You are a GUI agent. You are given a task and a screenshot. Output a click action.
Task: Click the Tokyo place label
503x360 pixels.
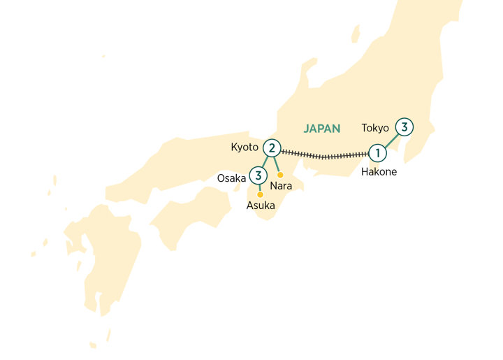pos(375,128)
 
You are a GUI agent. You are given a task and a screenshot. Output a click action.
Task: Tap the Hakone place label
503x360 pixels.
pos(379,171)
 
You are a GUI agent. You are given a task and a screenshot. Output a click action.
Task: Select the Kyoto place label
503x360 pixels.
pos(245,147)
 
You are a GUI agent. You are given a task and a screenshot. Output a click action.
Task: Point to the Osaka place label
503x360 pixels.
pos(231,178)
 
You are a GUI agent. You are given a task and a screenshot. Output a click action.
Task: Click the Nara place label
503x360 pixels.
pos(281,186)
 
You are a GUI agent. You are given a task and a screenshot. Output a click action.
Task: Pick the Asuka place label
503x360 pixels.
pos(261,206)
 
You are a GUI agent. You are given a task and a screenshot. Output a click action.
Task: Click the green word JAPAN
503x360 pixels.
pos(322,129)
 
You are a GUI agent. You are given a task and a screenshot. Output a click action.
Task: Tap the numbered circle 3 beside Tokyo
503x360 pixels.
pos(404,127)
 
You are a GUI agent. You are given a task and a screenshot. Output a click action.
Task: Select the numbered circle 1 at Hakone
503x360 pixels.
pos(377,152)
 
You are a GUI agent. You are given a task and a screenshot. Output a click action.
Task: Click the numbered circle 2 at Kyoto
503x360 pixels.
pos(272,147)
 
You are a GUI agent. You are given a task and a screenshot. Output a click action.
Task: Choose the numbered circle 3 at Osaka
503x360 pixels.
pos(258,175)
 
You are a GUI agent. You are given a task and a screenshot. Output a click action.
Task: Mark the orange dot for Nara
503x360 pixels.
pos(280,175)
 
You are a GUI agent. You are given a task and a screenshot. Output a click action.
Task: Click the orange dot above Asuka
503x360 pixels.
pos(260,194)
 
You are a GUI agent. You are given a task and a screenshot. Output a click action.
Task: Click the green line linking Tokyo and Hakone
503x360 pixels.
pos(391,140)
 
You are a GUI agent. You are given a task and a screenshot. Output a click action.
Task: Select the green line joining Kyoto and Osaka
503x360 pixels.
pos(265,161)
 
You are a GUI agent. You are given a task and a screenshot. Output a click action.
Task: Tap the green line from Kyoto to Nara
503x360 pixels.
pos(276,163)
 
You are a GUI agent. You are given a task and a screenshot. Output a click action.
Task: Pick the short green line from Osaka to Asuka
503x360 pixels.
pos(259,187)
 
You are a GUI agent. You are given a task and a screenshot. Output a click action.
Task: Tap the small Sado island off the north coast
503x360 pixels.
pos(355,31)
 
